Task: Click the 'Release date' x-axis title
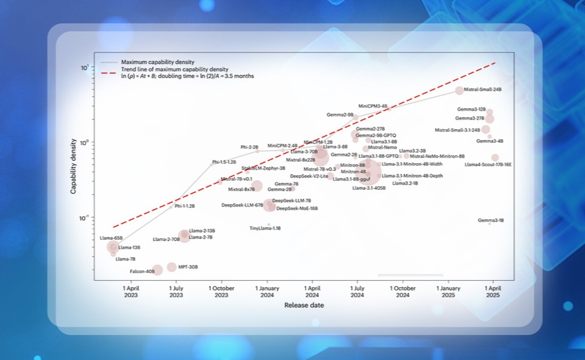[x=304, y=306]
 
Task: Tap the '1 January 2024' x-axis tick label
[x=267, y=292]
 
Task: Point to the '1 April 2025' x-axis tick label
[x=492, y=292]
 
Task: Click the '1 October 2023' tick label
[x=221, y=292]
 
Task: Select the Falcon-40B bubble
[x=157, y=270]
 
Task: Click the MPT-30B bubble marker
[x=171, y=267]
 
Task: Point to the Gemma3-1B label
[x=491, y=221]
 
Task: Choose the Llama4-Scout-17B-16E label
[x=488, y=165]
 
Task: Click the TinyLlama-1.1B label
[x=265, y=228]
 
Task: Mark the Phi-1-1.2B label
[x=185, y=207]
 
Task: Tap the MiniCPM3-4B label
[x=373, y=106]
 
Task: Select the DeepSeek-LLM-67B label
[x=242, y=205]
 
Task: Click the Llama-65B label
[x=111, y=239]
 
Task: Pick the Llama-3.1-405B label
[x=369, y=189]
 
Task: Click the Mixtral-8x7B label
[x=242, y=189]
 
